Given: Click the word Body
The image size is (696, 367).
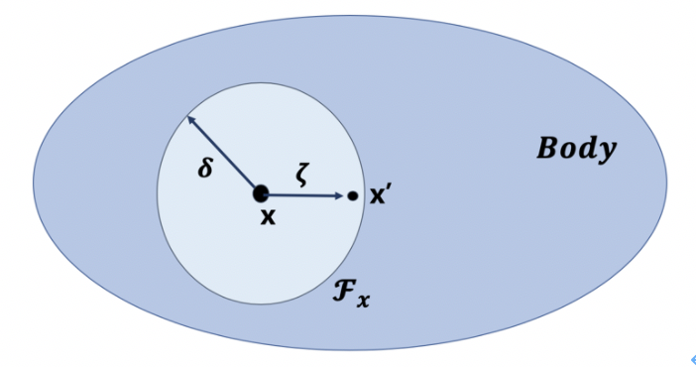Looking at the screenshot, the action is point(576,150).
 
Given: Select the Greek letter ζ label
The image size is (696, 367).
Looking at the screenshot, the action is point(304,176).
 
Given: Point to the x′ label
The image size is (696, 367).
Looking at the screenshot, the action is point(381,196).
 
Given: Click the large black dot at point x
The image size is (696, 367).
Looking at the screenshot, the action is point(261,194).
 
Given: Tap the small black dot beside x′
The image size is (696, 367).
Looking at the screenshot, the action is point(353,196).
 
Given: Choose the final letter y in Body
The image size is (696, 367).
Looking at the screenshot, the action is point(607,153).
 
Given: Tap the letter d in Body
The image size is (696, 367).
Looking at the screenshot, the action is point(588,149).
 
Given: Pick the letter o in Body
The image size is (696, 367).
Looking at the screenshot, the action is point(568,151).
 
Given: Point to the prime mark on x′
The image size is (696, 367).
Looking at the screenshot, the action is point(389,190).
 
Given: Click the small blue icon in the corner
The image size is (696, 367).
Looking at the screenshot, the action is point(687,359).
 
